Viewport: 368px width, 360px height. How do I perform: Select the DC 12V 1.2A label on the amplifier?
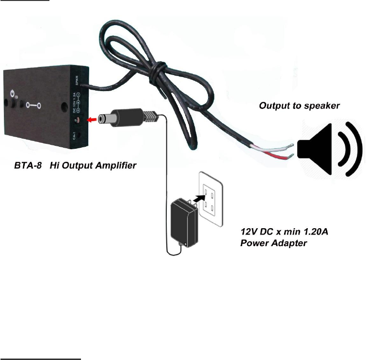(74, 103)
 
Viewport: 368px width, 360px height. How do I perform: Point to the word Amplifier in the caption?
(116, 165)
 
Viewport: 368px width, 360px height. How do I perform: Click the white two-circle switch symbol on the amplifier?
(33, 104)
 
